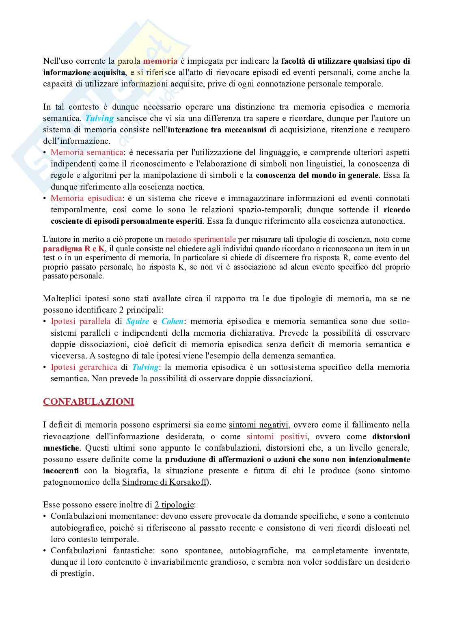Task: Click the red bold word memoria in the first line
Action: click(x=160, y=61)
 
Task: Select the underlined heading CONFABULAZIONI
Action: click(x=88, y=401)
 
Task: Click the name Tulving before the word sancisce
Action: click(x=99, y=119)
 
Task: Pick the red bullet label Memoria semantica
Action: click(x=87, y=153)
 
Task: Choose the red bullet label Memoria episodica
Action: click(x=86, y=198)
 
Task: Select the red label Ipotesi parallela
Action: click(x=80, y=321)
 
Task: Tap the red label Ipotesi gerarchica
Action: click(x=84, y=367)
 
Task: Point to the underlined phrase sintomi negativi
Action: click(x=259, y=425)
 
